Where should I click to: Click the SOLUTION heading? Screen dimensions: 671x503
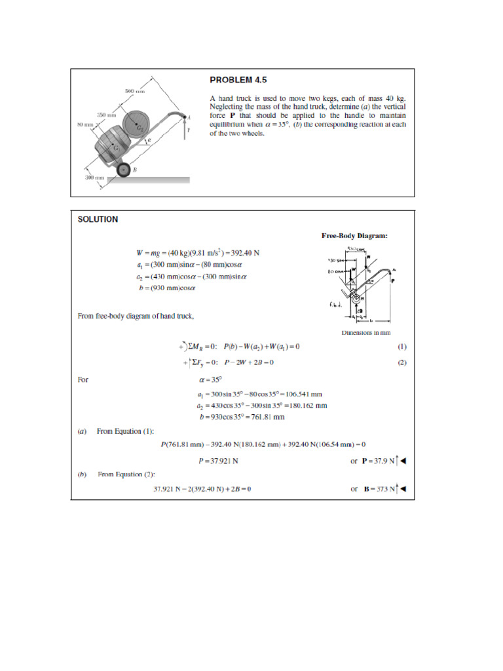point(98,220)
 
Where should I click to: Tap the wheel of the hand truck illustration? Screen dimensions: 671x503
point(123,171)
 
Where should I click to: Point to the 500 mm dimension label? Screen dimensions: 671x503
point(134,90)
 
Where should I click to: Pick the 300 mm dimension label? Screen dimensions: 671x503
point(94,178)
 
